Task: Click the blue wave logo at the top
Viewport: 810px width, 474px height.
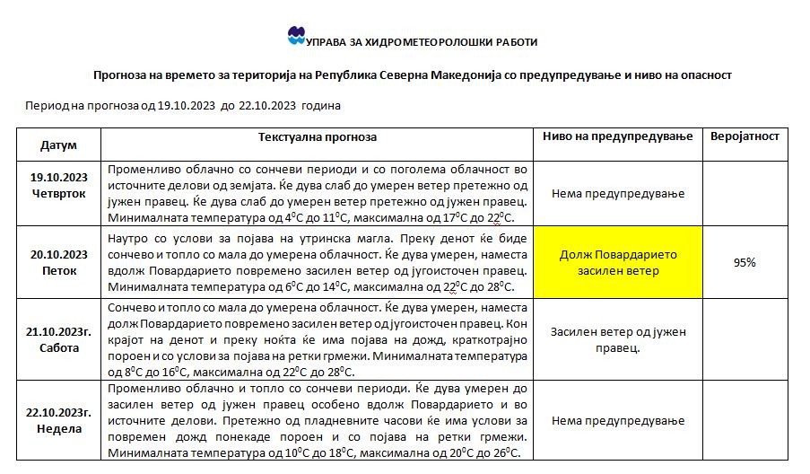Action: pos(297,36)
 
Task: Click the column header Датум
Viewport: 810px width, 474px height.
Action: pos(58,145)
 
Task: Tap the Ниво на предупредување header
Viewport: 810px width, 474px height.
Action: pos(617,136)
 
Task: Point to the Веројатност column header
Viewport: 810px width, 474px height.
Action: pos(745,136)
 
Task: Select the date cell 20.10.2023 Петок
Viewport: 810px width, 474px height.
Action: pos(58,261)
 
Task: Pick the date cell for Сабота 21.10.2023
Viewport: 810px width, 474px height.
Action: pos(58,339)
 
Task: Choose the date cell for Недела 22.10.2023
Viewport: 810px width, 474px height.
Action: pos(58,420)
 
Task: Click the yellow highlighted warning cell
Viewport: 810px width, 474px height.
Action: pos(617,262)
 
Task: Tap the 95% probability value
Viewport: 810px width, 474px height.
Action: pos(745,262)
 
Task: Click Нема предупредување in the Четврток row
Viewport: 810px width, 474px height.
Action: pos(617,193)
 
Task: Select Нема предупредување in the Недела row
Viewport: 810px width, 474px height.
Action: pos(617,420)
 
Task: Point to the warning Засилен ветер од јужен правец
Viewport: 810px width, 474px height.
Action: pos(617,339)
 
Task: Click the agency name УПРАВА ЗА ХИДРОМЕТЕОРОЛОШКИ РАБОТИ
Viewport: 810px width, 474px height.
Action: pos(422,41)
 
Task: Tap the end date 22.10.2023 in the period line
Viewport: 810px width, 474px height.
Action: pos(268,105)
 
